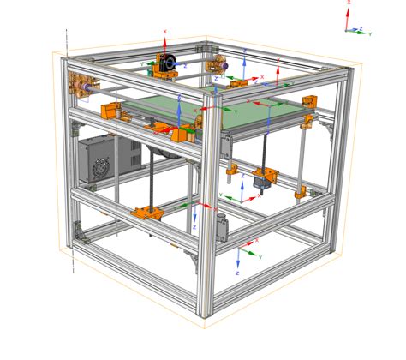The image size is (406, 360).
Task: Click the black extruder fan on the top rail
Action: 170,63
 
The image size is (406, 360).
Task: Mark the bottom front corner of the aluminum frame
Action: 206,314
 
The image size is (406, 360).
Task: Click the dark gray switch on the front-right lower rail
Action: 224,228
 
